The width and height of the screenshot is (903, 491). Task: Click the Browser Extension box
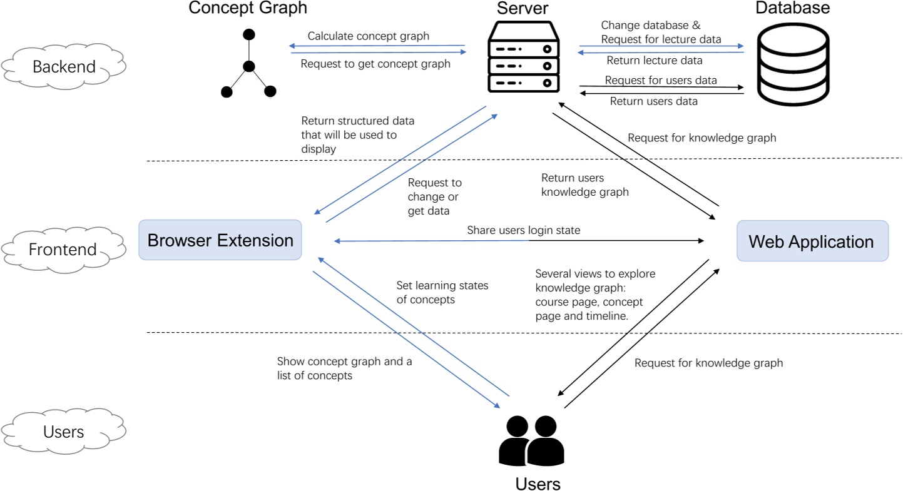click(x=220, y=240)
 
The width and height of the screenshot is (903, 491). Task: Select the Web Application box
click(x=812, y=241)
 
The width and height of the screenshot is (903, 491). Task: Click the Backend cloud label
click(x=64, y=66)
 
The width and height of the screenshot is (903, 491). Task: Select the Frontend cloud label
click(x=63, y=250)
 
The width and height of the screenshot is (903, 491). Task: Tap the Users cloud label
click(x=64, y=432)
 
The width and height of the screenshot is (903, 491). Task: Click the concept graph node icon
click(x=248, y=65)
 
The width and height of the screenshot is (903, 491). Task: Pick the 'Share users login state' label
click(x=523, y=230)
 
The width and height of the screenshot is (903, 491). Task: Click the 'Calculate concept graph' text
click(x=368, y=36)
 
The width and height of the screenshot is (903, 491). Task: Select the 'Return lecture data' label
click(x=654, y=61)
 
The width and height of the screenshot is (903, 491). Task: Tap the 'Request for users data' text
click(x=660, y=81)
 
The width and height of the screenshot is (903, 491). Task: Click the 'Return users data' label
click(x=653, y=101)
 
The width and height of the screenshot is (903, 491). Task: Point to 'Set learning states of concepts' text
click(x=442, y=292)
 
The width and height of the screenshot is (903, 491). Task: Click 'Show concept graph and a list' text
click(x=344, y=368)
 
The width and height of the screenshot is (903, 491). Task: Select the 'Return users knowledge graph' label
click(x=584, y=185)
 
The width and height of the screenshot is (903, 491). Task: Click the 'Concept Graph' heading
click(x=248, y=8)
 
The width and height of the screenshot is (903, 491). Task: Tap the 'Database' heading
click(x=792, y=8)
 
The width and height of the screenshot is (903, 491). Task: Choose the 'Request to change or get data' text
click(x=434, y=196)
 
